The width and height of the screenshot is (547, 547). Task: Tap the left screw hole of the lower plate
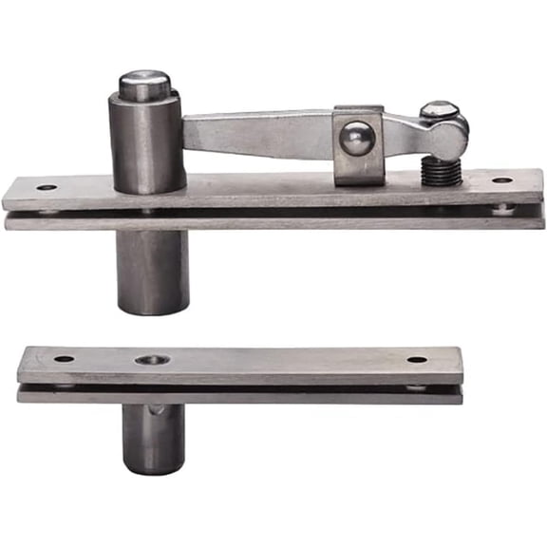pos(64,359)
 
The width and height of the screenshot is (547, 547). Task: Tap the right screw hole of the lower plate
pos(417,359)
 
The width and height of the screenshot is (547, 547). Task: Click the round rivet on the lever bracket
pos(356,139)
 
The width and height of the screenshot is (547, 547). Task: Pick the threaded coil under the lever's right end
pos(442,171)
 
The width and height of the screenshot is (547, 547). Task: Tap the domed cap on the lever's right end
pos(439,110)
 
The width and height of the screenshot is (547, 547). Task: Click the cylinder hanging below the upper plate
pos(153,271)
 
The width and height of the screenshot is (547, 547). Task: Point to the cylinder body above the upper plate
pos(146,142)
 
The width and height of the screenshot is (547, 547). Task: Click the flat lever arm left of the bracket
pos(256,134)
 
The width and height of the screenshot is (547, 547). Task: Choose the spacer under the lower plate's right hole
pos(418,387)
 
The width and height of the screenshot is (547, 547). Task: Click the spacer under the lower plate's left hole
pos(65,387)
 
